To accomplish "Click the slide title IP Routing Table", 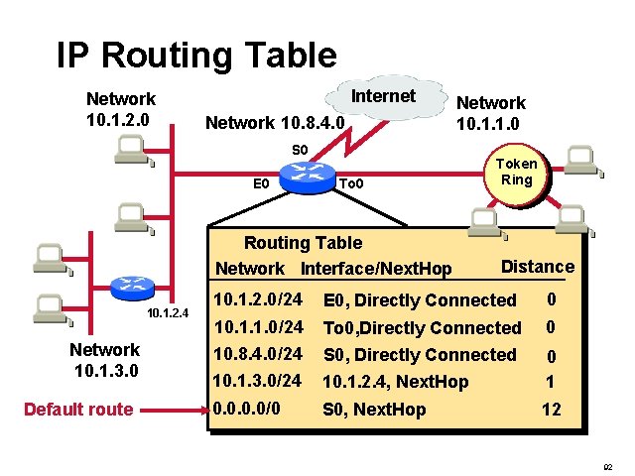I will point(196,55).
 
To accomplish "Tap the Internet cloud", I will point(384,98).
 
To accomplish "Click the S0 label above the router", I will point(300,150).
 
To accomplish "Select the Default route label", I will point(78,410).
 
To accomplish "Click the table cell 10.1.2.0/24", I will point(258,299).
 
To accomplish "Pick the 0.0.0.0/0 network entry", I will point(247,409).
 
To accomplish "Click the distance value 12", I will point(551,409).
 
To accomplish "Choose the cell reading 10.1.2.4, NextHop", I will point(395,382).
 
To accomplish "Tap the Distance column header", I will point(537,266).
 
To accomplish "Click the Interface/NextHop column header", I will point(376,269).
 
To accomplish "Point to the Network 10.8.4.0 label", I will point(274,123).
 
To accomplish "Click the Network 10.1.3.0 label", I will point(104,360).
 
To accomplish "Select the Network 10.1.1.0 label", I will point(490,113).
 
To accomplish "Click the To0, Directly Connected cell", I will point(422,327).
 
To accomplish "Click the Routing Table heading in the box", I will point(303,243).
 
